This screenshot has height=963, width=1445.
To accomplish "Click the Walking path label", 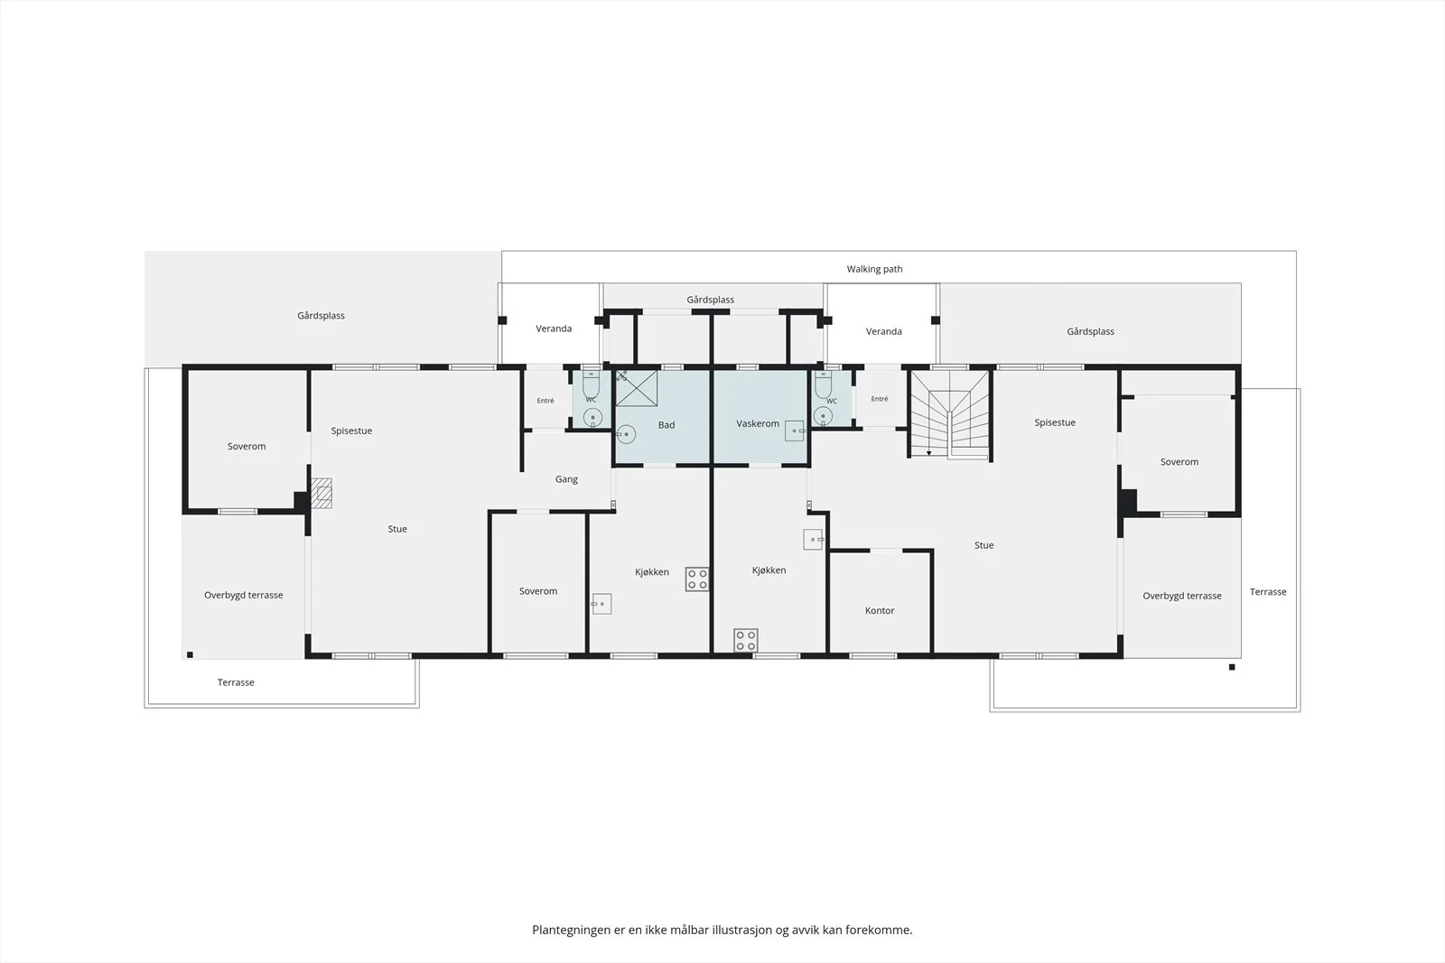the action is pos(874,269).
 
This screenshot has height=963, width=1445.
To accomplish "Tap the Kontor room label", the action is pos(880,610).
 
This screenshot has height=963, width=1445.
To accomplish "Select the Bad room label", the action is pos(667,425).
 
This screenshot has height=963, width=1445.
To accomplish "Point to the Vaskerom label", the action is pos(758,423).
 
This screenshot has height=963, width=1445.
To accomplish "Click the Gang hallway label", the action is pos(566,479).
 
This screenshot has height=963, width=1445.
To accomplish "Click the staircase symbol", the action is pos(949,415).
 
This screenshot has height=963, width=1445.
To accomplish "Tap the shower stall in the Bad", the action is pos(636,388).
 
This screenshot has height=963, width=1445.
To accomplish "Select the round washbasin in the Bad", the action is pos(626,434).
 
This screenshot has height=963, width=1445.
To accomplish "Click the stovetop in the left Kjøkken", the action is pos(696,579).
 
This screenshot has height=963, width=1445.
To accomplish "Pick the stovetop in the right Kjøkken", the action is pos(746,640).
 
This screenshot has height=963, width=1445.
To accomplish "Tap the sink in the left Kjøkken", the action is pos(601,604).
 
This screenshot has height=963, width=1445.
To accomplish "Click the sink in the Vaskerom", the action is pos(795,431).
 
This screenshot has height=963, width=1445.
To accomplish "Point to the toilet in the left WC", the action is pos(591,384).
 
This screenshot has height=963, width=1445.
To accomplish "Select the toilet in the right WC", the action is pos(823,384).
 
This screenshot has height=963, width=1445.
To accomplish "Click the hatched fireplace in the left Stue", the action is pos(322,493).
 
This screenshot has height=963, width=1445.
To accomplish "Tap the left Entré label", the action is pos(545,401).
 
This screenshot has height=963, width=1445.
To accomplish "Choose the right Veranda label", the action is pos(883,331).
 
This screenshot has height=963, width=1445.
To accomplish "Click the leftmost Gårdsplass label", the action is pos(321,315).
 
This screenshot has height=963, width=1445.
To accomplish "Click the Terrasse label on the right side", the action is pos(1268,592).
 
